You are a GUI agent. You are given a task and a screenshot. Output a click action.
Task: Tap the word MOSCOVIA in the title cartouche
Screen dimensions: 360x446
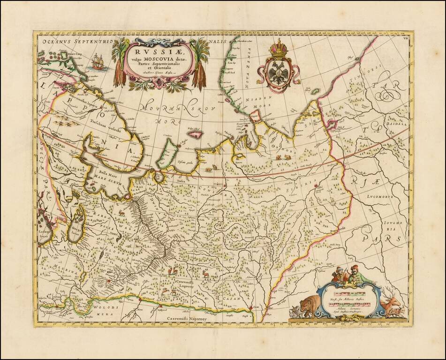162,58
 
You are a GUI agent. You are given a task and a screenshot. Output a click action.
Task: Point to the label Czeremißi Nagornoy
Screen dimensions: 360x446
189,318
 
